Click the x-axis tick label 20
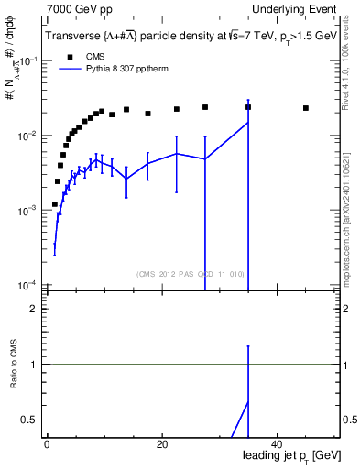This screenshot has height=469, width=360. (161, 444)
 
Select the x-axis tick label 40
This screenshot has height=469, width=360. (277, 444)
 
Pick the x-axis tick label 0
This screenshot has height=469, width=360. (47, 444)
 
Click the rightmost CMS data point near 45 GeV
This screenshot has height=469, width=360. (306, 108)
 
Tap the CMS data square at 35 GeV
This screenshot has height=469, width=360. (248, 107)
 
